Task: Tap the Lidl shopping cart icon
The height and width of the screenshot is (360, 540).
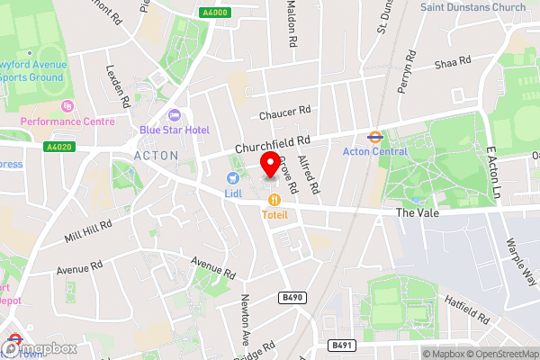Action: [x=232, y=179]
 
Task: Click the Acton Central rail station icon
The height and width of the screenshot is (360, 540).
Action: [x=371, y=138]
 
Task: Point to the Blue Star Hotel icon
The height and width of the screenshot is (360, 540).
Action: [x=175, y=115]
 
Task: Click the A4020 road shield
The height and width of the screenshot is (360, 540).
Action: [x=58, y=147]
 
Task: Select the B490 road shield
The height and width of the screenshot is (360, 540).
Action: [x=290, y=295]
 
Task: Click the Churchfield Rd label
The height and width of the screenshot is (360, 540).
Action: [x=273, y=142]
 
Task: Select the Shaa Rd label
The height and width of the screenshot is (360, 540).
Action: [x=453, y=62]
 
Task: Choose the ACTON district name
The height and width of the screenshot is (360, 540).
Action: [x=156, y=155]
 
